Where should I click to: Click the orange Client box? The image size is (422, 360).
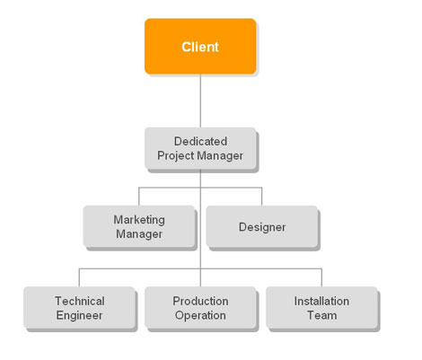(x=200, y=47)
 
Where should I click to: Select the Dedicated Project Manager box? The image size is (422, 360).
(x=200, y=148)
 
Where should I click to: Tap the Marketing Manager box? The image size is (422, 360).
(x=139, y=226)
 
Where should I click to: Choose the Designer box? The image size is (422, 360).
(x=262, y=226)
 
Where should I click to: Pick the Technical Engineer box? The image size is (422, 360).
(x=79, y=308)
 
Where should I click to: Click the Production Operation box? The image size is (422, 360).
(x=200, y=308)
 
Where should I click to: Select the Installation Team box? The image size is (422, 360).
(x=321, y=308)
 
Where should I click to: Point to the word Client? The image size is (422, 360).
(x=200, y=47)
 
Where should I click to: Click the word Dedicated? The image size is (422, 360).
(x=200, y=141)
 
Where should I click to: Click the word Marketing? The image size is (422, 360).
(x=139, y=220)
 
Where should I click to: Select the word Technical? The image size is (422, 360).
(x=80, y=301)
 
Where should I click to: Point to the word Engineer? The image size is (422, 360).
(x=79, y=316)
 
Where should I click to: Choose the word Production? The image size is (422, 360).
(x=200, y=301)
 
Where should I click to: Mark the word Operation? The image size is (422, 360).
(x=200, y=315)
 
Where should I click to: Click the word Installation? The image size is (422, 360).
(x=321, y=301)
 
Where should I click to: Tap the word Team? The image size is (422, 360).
(x=322, y=315)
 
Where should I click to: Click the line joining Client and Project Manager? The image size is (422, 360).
(x=200, y=101)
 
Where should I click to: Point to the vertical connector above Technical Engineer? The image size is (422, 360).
(x=79, y=277)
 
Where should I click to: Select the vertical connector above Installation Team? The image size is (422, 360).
(x=321, y=277)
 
